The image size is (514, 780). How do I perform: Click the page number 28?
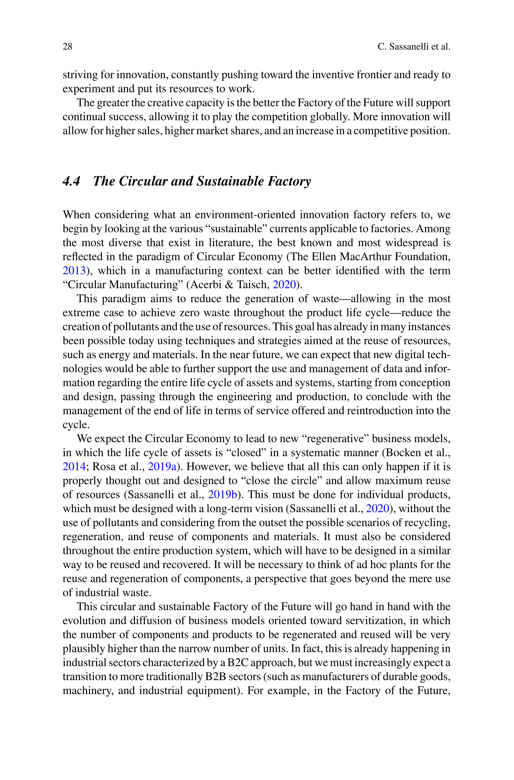coord(67,46)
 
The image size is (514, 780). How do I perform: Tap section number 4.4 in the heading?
coord(71,181)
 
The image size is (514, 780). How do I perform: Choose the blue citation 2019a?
coord(162,466)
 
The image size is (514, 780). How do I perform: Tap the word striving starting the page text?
coord(80,75)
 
